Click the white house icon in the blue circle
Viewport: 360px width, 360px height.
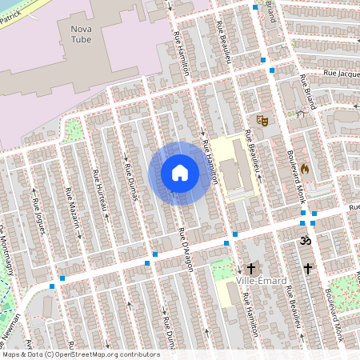[x=180, y=173]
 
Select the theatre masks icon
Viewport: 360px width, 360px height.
[x=261, y=120]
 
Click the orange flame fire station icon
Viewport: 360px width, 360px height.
[x=303, y=170]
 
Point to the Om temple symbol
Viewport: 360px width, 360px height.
[x=303, y=240]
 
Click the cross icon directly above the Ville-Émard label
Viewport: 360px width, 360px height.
[x=252, y=269]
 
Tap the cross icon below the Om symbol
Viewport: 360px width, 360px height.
[x=308, y=269]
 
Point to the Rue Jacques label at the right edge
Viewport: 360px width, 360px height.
[x=340, y=73]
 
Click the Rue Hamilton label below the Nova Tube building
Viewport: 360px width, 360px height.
[x=181, y=53]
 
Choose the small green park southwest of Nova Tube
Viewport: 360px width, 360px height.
[x=73, y=128]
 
